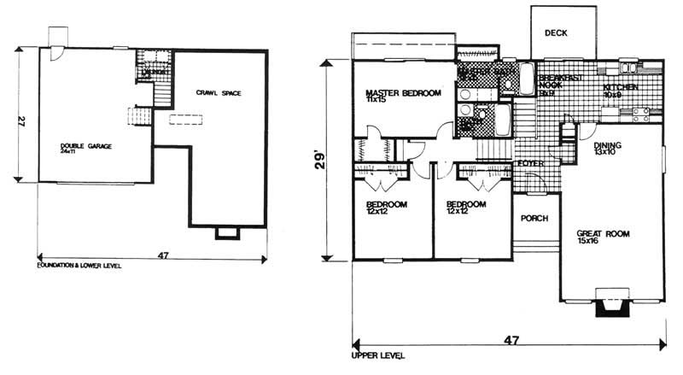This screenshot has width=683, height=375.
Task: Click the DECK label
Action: [557, 33]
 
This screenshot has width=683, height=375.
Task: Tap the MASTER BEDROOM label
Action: [403, 92]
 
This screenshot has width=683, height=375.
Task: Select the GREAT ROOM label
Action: [602, 232]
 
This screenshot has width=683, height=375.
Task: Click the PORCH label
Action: [534, 216]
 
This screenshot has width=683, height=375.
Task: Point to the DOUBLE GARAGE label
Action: [85, 146]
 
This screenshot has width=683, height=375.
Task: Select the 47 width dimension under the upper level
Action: [511, 339]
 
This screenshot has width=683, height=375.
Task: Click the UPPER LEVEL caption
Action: [377, 354]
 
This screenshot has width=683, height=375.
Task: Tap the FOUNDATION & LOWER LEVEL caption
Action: [79, 266]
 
